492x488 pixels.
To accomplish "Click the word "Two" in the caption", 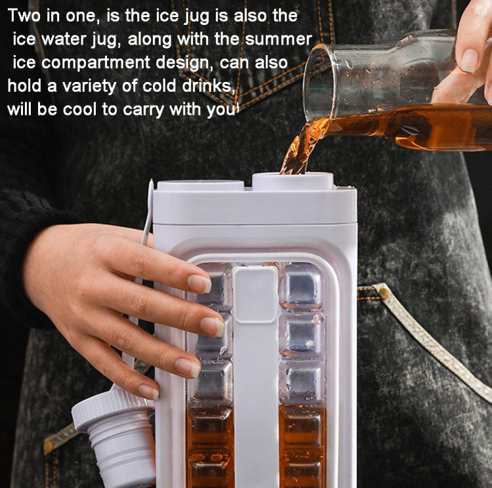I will coord(24,16).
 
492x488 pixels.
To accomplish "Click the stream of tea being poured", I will coord(298,148).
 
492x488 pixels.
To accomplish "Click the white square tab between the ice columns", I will coord(255,295).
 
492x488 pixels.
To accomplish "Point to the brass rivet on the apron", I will coord(382,291).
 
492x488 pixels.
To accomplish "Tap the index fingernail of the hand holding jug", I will coord(199,283).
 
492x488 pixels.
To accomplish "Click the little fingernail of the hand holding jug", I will coord(148,392).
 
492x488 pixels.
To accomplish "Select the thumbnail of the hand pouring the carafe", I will coord(468,61).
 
